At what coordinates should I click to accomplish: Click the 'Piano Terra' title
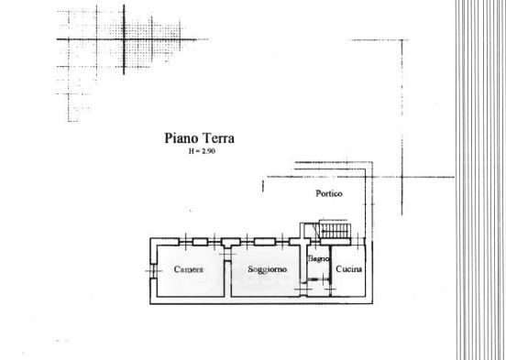(200, 138)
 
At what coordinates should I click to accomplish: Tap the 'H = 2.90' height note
(202, 151)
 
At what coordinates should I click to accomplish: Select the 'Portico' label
(329, 193)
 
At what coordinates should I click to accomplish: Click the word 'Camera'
(189, 269)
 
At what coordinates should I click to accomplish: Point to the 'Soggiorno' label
(267, 269)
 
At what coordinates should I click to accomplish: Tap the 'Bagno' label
(318, 258)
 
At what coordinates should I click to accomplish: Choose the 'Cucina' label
(349, 268)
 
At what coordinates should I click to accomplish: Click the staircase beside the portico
(335, 229)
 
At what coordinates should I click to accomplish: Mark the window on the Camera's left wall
(153, 270)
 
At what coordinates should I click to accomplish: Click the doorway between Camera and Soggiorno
(227, 255)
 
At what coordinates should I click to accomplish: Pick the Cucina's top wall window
(357, 242)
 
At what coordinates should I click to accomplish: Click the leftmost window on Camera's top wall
(185, 242)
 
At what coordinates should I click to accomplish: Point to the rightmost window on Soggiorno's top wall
(282, 242)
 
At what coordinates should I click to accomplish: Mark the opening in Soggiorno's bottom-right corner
(303, 288)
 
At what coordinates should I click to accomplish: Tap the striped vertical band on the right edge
(481, 180)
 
